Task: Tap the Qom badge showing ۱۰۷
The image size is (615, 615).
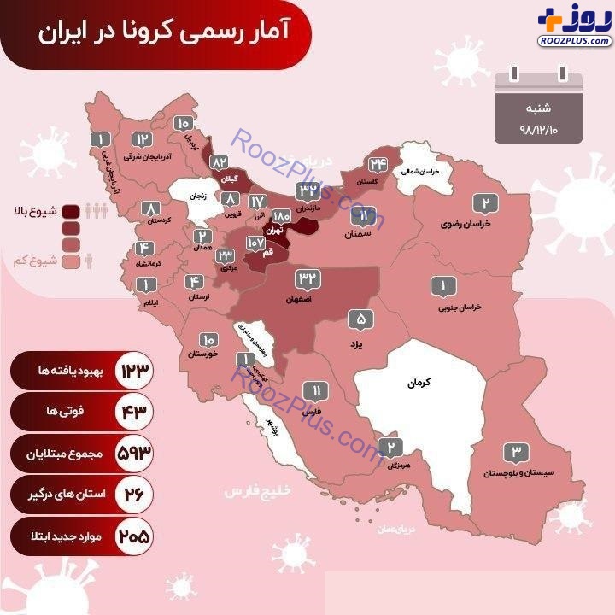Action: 256,242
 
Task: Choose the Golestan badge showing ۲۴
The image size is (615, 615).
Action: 378,166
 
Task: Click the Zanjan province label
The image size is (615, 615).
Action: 197,196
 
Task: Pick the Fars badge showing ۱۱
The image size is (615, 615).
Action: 316,393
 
